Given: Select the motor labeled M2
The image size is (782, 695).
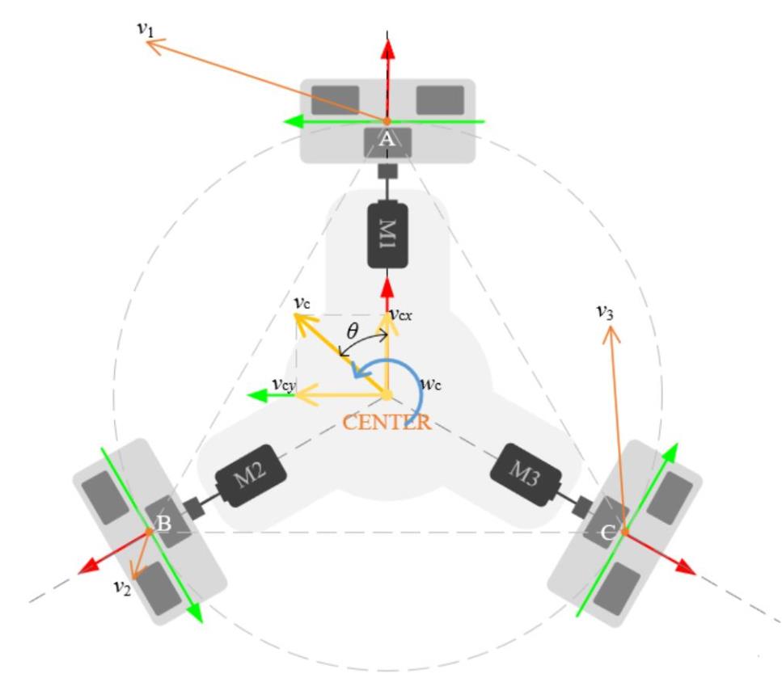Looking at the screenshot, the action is coord(251,476).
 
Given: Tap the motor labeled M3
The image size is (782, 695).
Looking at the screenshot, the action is coord(526,474).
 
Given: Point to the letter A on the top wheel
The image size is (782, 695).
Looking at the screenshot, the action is coord(387,139).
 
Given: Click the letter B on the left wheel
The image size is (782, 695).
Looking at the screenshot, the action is coord(163,524).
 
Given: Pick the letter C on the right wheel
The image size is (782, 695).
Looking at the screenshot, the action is coord(607,533).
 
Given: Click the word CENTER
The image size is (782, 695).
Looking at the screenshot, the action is coord(387,423).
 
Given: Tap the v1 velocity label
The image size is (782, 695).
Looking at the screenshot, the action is coord(145,28).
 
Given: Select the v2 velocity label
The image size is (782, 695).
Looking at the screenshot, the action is coord(122,587).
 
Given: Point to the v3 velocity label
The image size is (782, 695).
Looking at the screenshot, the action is coord(605,312).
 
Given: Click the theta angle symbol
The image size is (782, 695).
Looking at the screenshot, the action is coord(352,331).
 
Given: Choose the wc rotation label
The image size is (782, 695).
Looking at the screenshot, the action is coord(431,384).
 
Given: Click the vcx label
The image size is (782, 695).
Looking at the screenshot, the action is coord(401,314).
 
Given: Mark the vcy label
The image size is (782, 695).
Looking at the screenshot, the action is coord(284,385).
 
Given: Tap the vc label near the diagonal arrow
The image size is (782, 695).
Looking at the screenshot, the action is coord(302,302).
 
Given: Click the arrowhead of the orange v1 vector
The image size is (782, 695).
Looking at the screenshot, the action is coord(153,46).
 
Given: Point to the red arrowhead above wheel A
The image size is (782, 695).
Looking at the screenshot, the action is coord(388,50).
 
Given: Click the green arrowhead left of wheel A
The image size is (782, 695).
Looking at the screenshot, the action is coord(294,121).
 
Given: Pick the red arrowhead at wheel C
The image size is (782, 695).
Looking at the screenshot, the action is coord(687,567).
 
